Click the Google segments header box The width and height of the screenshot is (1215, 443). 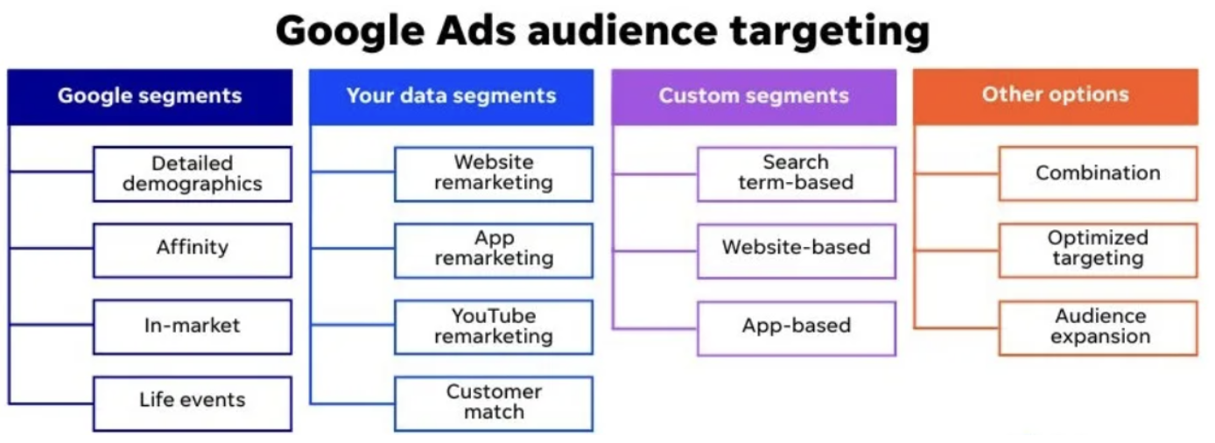coord(150,97)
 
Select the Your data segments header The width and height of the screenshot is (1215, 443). coord(452,97)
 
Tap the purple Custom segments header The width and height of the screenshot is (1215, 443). coord(754,97)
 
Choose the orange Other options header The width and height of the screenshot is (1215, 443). coord(1056,96)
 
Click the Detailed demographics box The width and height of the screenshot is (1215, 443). coord(193,174)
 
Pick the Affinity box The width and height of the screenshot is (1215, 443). coord(193,250)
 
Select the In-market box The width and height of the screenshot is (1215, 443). coord(193,327)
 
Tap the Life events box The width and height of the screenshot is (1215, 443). coord(193,404)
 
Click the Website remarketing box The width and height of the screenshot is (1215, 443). coord(494,174)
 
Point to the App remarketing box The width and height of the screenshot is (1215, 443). coord(494,250)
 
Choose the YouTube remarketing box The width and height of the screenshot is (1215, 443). coord(494,327)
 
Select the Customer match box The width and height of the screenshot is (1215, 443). coord(494,404)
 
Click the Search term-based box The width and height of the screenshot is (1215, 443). coord(797,174)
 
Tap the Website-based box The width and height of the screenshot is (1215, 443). coord(797,251)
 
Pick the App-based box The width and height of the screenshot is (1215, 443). coord(797,328)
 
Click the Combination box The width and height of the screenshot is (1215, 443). coord(1098,173)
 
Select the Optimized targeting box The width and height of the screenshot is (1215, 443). coord(1098,250)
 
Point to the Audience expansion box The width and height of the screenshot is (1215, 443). coord(1098,328)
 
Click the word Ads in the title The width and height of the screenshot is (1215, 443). coord(476,31)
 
